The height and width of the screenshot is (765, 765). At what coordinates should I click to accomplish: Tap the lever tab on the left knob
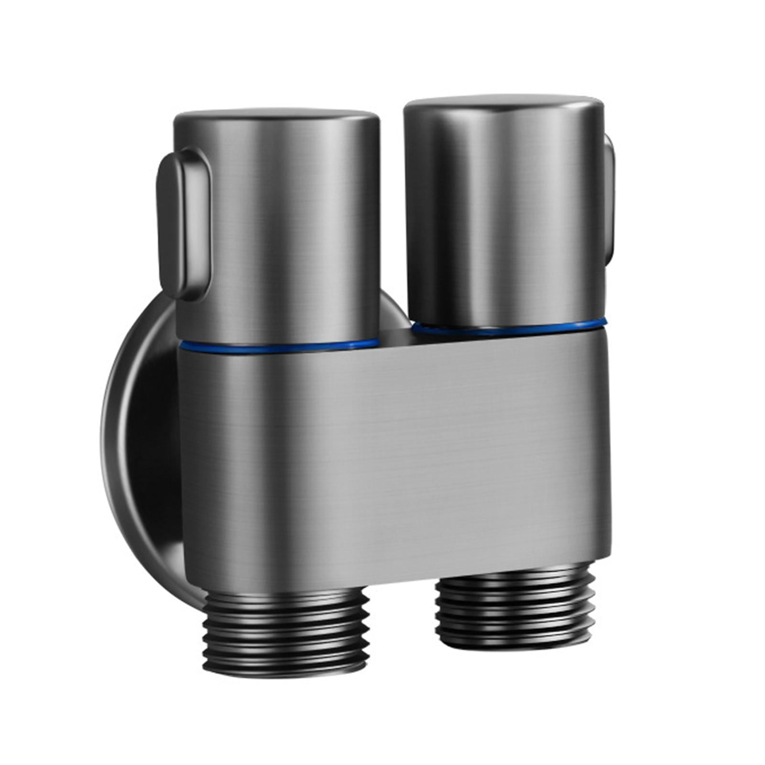[184, 225]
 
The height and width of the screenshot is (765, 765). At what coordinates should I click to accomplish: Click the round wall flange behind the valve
[139, 430]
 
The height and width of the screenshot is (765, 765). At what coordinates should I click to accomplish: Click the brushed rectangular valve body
[406, 454]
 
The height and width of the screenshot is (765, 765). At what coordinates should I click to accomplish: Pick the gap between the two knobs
[392, 215]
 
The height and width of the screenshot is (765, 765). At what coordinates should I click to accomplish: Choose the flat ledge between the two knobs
[397, 335]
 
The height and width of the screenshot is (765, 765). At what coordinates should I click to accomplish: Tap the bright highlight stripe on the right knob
[459, 215]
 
